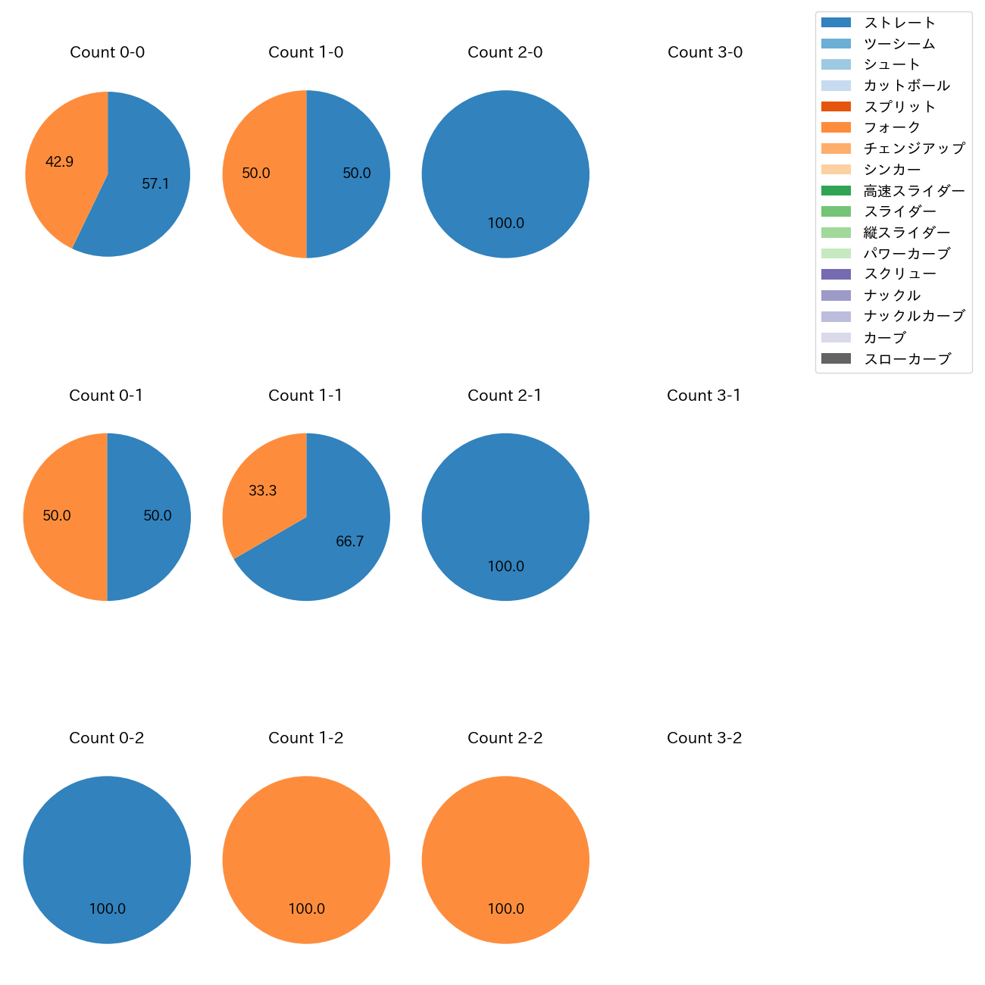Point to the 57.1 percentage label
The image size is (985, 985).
point(155,184)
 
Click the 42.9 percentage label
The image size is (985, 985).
point(59,161)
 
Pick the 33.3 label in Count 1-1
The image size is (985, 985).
point(262,491)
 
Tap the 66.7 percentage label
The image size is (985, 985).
point(349,542)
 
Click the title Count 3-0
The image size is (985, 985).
point(705,52)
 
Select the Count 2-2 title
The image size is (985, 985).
point(505,738)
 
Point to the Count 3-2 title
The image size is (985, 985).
point(704,738)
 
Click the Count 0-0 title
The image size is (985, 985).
point(107,52)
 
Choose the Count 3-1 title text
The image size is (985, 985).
point(703,396)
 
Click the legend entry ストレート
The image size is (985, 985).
point(899,23)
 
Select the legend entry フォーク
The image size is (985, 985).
point(892,127)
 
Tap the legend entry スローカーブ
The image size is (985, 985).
point(907,359)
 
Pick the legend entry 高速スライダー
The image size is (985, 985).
point(914,191)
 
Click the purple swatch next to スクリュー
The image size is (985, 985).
point(836,274)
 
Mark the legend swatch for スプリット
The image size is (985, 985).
point(836,107)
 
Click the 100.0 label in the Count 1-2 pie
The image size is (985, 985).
point(306,909)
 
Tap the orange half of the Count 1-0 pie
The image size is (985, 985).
point(261,174)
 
